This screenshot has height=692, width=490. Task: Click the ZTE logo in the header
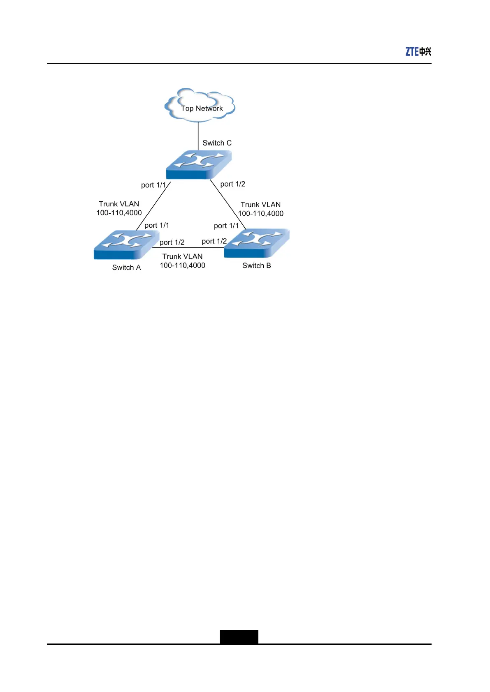click(418, 51)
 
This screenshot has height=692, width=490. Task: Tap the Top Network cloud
click(200, 106)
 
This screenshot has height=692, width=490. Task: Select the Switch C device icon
click(199, 164)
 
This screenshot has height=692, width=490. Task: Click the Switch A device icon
click(126, 245)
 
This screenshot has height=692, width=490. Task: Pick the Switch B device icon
click(256, 243)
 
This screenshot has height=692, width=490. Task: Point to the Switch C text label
click(217, 143)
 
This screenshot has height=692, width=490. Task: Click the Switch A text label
click(126, 268)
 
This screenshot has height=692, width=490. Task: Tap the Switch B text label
click(256, 265)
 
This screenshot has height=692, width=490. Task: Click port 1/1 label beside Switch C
click(153, 185)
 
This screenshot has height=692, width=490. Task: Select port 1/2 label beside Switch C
click(232, 184)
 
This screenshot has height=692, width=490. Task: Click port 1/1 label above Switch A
click(156, 225)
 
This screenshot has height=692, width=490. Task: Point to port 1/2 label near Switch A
click(172, 242)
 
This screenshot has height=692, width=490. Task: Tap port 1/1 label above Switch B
click(226, 226)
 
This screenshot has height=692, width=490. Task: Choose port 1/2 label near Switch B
click(214, 241)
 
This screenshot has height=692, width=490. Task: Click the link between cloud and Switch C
click(198, 136)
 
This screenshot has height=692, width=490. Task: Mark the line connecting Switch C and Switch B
click(228, 205)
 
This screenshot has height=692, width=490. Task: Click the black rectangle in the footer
click(239, 637)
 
